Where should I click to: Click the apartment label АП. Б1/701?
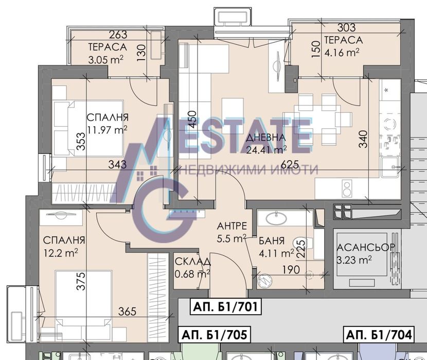225,307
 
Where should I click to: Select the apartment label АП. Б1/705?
214,335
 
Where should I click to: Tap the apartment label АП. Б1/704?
379,334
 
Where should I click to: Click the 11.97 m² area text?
107,130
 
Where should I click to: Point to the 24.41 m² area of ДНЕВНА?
266,149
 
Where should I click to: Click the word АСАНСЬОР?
366,247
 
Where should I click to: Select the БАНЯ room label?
272,241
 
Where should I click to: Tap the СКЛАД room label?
192,262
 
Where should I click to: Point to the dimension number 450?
192,119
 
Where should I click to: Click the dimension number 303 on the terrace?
346,27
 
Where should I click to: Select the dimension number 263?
118,35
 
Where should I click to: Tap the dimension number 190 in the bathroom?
291,269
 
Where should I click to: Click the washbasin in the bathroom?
276,218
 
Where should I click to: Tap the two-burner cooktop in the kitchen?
347,188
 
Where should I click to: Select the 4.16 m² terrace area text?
342,52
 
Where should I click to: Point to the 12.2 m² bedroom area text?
61,253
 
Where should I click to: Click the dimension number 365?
127,311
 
